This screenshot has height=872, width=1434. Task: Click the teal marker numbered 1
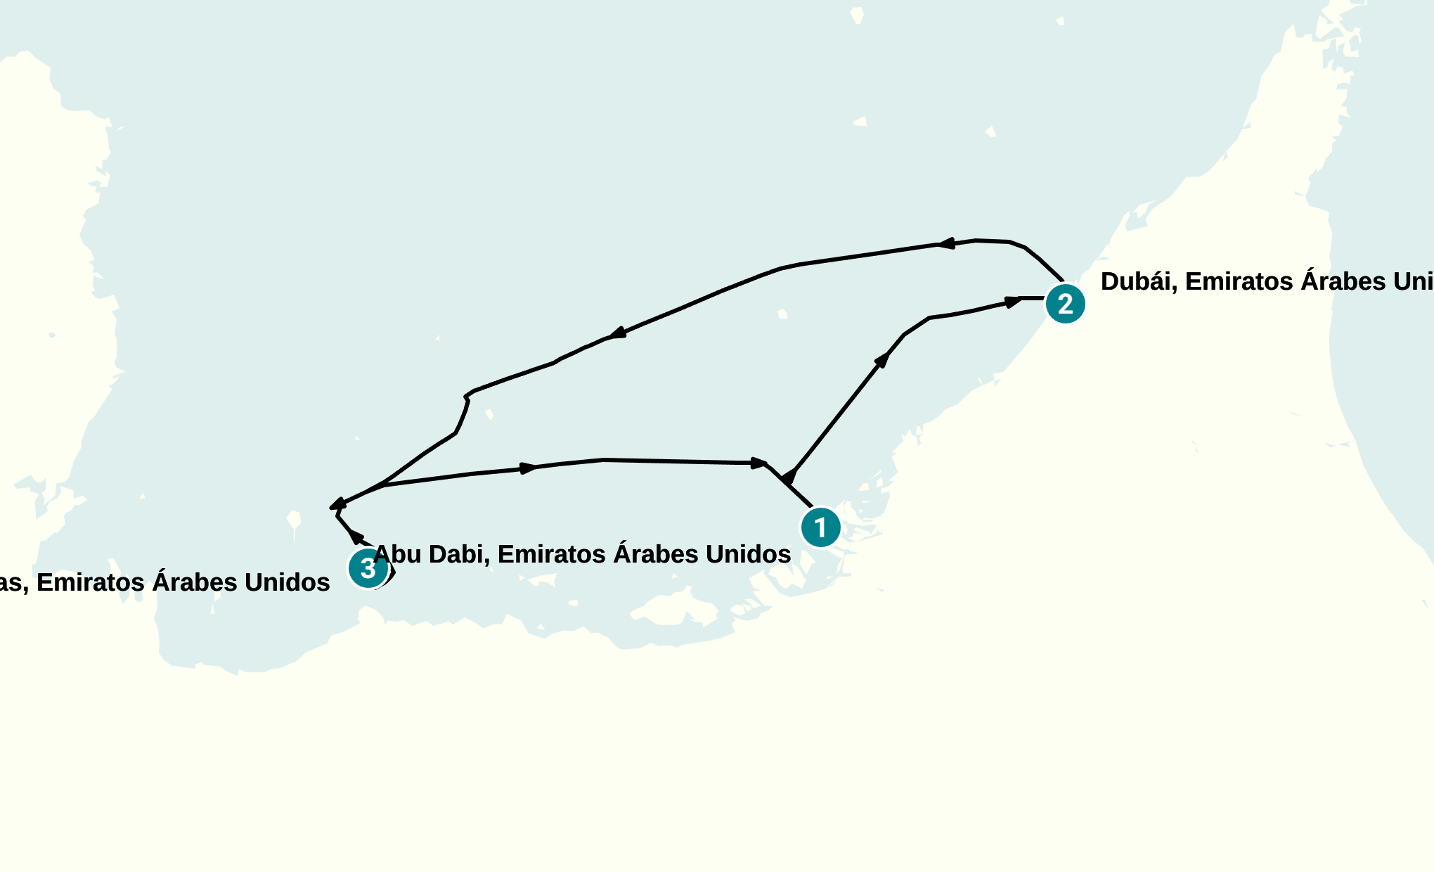pos(820,527)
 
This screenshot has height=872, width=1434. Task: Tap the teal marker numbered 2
pos(1065,304)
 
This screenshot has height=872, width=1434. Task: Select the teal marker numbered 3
pos(368,568)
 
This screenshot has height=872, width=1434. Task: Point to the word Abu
pos(396,554)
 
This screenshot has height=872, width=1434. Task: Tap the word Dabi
pos(459,554)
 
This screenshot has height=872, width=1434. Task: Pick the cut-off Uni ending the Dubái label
pos(1414,281)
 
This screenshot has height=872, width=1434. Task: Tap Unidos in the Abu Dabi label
pos(749,554)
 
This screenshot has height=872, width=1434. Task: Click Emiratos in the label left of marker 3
pos(91,582)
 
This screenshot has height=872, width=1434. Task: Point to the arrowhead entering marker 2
pos(1013,302)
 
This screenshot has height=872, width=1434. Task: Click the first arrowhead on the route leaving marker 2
pos(946,243)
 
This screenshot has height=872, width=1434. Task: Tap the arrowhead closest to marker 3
pos(356,537)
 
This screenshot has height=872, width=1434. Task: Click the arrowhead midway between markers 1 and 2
pos(881,360)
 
